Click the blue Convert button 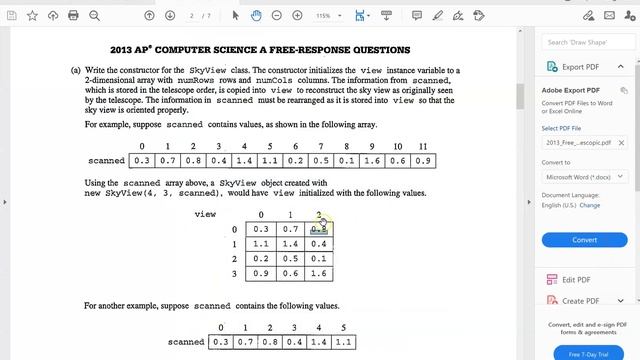584,240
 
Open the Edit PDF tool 575,281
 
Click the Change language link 590,205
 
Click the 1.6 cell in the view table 319,273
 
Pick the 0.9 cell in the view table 260,273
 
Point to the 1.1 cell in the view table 260,244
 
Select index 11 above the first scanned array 422,147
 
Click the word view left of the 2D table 206,214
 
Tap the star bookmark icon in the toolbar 33,16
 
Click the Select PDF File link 564,128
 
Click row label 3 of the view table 234,273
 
